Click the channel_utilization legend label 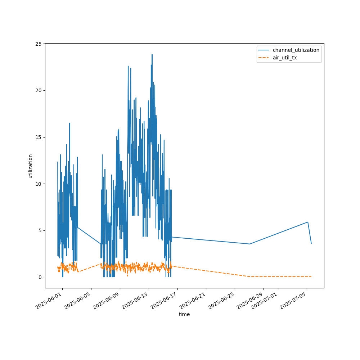point(296,50)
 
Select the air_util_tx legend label point(285,58)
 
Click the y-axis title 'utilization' point(31,166)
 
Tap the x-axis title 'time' point(184,314)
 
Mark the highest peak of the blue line point(152,54)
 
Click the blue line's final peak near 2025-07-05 point(308,222)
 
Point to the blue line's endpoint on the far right point(311,243)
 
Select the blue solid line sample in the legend point(264,50)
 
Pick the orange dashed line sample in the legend point(264,58)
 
